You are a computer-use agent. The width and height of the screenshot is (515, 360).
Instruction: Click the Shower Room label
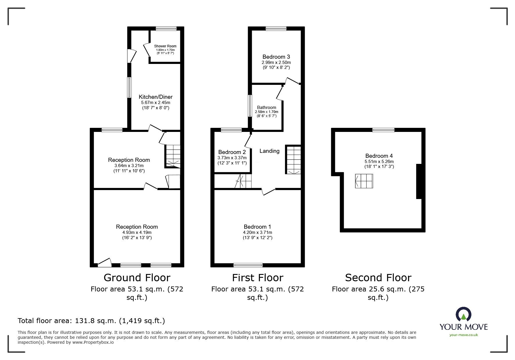[x=165, y=46]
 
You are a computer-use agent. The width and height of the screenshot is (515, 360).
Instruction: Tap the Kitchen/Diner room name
[x=156, y=97]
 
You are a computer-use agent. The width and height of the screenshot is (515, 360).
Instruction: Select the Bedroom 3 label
[x=276, y=57]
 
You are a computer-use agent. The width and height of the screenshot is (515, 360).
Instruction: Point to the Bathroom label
[x=266, y=108]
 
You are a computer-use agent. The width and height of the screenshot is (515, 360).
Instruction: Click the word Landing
[x=269, y=151]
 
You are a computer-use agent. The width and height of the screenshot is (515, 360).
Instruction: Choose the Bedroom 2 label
[x=232, y=152]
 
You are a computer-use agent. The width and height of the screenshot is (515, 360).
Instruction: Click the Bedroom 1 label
[x=257, y=227]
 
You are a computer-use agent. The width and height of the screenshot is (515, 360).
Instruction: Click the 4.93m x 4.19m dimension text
[x=137, y=232]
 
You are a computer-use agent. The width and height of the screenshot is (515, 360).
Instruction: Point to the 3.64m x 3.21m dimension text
[x=129, y=166]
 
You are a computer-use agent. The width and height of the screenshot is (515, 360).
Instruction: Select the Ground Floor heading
[x=137, y=278]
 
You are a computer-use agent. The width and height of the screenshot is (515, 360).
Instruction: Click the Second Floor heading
[x=378, y=278]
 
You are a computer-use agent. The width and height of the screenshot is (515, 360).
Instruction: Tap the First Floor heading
[x=257, y=278]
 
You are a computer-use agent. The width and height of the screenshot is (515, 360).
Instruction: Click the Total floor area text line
[x=91, y=321]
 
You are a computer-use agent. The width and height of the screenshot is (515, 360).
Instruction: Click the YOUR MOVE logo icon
[x=463, y=314]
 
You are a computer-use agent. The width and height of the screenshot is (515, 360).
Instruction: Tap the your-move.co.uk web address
[x=464, y=335]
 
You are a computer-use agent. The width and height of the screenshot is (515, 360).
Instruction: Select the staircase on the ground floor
[x=173, y=155]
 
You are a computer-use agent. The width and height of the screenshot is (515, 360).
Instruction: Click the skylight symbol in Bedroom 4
[x=364, y=181]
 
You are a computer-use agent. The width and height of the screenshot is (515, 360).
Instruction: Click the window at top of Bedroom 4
[x=383, y=130]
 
